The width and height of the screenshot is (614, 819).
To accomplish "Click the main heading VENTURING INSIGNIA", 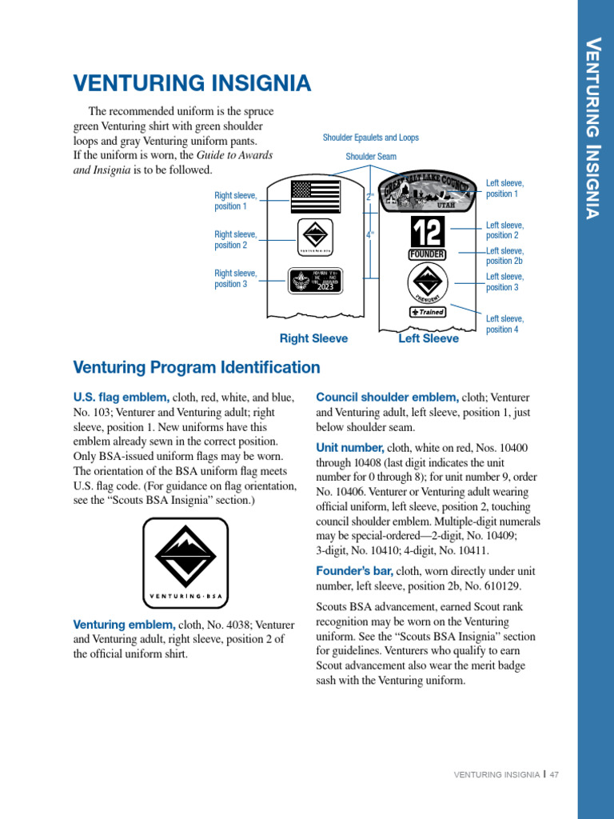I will pyautogui.click(x=192, y=83).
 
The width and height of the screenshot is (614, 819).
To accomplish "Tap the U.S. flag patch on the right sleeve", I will pyautogui.click(x=316, y=196).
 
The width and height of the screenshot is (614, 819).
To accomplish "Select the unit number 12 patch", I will pyautogui.click(x=427, y=232).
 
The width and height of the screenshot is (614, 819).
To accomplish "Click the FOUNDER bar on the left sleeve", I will pyautogui.click(x=427, y=254).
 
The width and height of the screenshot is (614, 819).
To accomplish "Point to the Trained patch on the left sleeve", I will pyautogui.click(x=428, y=312).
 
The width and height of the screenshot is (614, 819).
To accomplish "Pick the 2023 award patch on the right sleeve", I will pyautogui.click(x=315, y=280).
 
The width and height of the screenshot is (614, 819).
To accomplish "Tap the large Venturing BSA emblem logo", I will pyautogui.click(x=185, y=561).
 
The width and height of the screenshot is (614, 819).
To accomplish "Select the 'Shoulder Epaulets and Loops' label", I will pyautogui.click(x=370, y=138).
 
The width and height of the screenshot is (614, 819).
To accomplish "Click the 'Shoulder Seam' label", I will pyautogui.click(x=370, y=157).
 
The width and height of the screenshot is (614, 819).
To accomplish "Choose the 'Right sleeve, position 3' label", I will pyautogui.click(x=236, y=278).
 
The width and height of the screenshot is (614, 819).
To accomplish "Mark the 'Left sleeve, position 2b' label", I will pyautogui.click(x=504, y=255).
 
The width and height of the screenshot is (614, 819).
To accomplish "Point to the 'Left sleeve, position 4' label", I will pyautogui.click(x=504, y=324).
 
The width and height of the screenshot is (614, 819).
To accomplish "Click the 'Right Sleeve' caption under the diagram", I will pyautogui.click(x=313, y=338).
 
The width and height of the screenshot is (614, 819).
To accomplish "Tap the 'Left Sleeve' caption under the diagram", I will pyautogui.click(x=429, y=338).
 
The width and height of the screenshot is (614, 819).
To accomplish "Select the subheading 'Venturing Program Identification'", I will pyautogui.click(x=197, y=368).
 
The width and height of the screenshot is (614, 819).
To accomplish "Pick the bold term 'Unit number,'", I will pyautogui.click(x=350, y=447).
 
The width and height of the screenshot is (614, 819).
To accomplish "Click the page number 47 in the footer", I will pyautogui.click(x=553, y=774).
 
